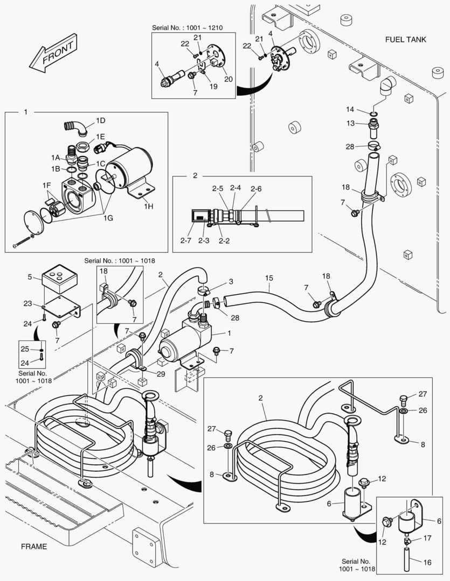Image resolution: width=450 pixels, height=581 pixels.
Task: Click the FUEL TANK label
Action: coord(405,39)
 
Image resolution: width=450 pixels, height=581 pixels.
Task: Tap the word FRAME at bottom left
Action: coord(34,547)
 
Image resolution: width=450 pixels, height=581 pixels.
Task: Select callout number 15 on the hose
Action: coord(269,278)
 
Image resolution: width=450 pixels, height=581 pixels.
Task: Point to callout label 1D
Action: coord(100,120)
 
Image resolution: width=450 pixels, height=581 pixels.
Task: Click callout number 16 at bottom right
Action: coord(427,563)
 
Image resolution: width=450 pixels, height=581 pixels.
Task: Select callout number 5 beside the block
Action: coord(30,278)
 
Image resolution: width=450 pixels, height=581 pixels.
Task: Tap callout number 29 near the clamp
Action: coord(161,374)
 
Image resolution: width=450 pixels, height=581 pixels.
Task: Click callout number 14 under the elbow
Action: coord(350,110)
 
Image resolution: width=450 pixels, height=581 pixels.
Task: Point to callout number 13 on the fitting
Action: coord(350,123)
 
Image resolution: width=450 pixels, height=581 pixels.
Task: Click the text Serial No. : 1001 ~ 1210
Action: coord(193,26)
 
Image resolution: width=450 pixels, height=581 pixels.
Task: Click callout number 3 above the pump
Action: coord(231,281)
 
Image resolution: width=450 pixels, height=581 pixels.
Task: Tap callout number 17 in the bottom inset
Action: coord(427,537)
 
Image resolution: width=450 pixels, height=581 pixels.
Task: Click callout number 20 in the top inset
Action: coord(229,79)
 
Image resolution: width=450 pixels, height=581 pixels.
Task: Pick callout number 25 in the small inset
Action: coord(25,350)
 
